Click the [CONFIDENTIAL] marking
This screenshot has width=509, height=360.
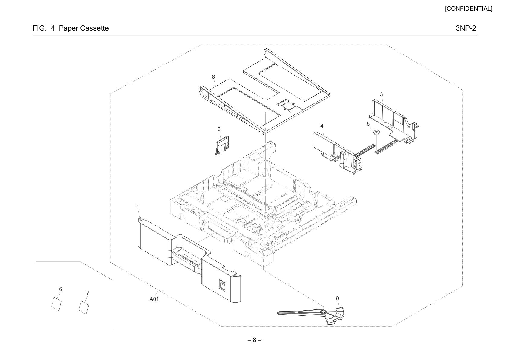(x=468, y=9)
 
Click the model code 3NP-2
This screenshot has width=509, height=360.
(x=466, y=28)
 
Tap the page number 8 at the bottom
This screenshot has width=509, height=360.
(x=254, y=340)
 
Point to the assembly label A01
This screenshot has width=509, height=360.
(x=154, y=299)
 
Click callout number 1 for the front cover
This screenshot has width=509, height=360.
(x=138, y=207)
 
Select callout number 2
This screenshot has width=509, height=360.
(x=219, y=129)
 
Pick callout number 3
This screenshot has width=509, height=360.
(x=381, y=94)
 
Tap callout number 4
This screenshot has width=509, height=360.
(x=322, y=126)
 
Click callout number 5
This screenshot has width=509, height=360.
(x=368, y=124)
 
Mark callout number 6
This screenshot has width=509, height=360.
(x=60, y=289)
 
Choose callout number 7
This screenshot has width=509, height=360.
(x=88, y=293)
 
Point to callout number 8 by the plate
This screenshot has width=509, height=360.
(x=213, y=77)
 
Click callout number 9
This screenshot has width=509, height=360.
(x=337, y=298)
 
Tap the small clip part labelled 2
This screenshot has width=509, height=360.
(x=221, y=145)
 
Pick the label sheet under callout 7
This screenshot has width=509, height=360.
(x=84, y=307)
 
